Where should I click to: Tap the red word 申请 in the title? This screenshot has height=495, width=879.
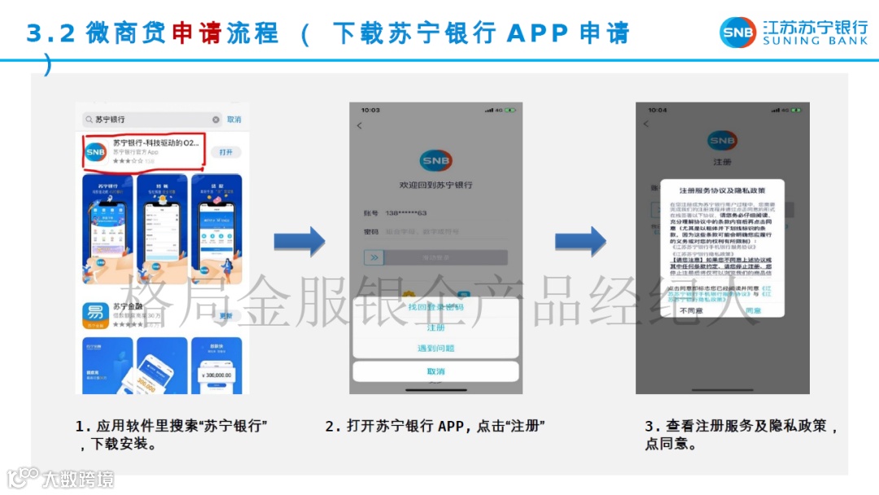click(x=196, y=33)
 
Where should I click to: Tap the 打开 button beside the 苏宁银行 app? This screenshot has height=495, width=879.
click(x=226, y=152)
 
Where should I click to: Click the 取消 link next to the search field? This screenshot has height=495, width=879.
click(x=234, y=120)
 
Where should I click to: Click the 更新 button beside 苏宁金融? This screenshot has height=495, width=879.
click(x=226, y=315)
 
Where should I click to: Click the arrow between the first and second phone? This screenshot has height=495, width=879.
click(x=299, y=242)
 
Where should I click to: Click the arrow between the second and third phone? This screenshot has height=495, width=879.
click(x=580, y=242)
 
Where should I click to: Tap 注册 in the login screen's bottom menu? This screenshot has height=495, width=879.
click(x=435, y=327)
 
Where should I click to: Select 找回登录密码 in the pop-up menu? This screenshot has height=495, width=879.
click(x=435, y=307)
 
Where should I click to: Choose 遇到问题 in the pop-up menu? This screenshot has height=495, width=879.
click(x=435, y=348)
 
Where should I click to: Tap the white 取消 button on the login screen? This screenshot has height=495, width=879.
click(x=435, y=371)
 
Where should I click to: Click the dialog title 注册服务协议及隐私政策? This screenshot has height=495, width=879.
click(x=722, y=191)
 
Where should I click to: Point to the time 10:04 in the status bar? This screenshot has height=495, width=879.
click(x=657, y=110)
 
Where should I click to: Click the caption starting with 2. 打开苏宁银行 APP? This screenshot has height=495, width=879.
click(x=435, y=426)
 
